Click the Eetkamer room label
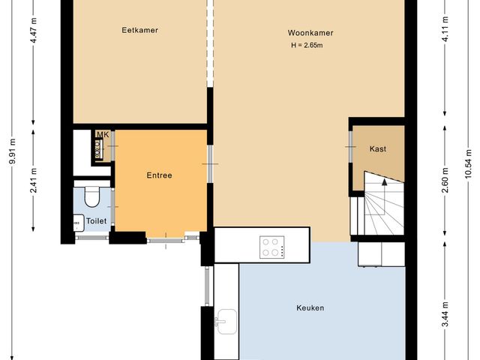pyautogui.click(x=140, y=30)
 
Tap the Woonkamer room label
pyautogui.click(x=310, y=33)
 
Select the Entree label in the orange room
pyautogui.click(x=159, y=175)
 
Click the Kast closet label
pyautogui.click(x=378, y=149)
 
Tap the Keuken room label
pyautogui.click(x=310, y=307)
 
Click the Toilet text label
pyautogui.click(x=95, y=221)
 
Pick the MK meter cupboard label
pyautogui.click(x=103, y=135)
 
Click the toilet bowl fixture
pyautogui.click(x=92, y=196)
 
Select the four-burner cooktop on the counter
pyautogui.click(x=272, y=247)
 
